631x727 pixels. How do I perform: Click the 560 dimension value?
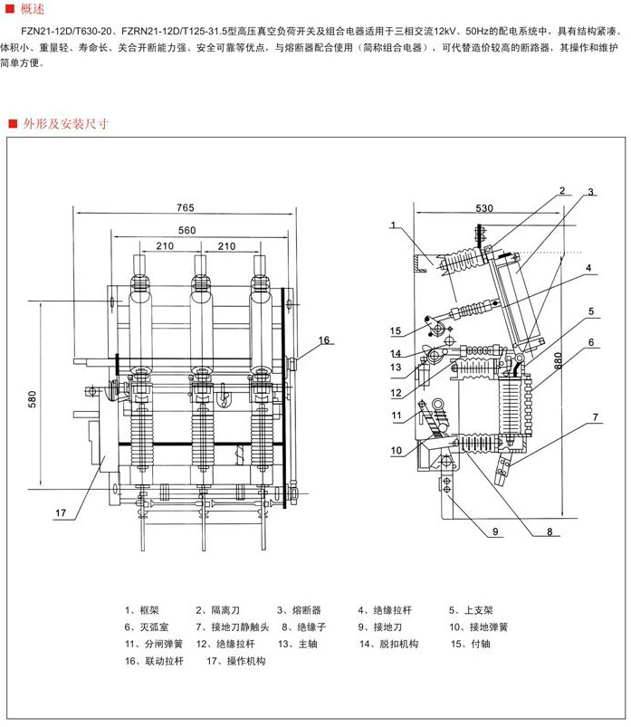click(187, 230)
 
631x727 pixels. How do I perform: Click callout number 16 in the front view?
click(324, 340)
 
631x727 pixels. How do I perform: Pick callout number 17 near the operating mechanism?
click(61, 513)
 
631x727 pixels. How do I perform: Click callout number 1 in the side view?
click(394, 224)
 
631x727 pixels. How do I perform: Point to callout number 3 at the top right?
click(589, 192)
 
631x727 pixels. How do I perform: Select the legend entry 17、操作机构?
click(236, 662)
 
